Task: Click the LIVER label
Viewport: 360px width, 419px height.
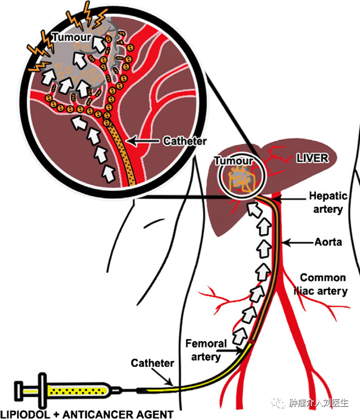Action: pyautogui.click(x=312, y=158)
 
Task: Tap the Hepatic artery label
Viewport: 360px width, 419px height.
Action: pyautogui.click(x=328, y=203)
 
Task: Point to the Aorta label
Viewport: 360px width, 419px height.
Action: pyautogui.click(x=328, y=242)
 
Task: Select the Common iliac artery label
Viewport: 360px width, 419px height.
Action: pyautogui.click(x=321, y=285)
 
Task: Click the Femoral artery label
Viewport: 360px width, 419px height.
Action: pyautogui.click(x=206, y=350)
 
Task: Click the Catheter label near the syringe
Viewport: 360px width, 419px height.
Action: pyautogui.click(x=152, y=363)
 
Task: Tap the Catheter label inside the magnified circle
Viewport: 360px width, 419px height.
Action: pyautogui.click(x=185, y=141)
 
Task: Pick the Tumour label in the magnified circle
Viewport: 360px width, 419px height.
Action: pyautogui.click(x=71, y=37)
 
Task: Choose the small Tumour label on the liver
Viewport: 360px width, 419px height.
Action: pyautogui.click(x=233, y=161)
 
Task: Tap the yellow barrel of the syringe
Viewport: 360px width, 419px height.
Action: pyautogui.click(x=78, y=391)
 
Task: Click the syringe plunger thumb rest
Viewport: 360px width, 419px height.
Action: pyautogui.click(x=19, y=391)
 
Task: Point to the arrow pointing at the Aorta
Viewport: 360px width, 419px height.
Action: pyautogui.click(x=298, y=243)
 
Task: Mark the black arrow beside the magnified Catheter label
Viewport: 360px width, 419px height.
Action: pyautogui.click(x=143, y=141)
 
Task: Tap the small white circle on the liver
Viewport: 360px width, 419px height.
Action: pyautogui.click(x=242, y=176)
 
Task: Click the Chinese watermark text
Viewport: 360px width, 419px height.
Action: pyautogui.click(x=319, y=403)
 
